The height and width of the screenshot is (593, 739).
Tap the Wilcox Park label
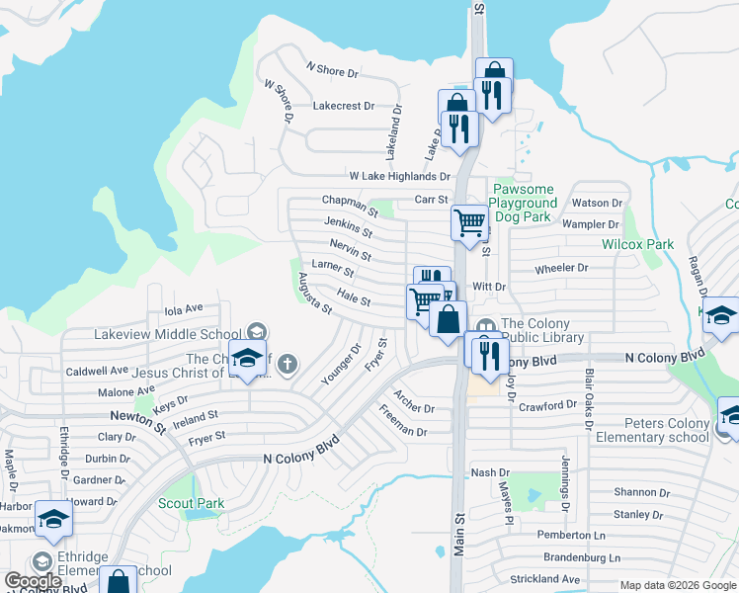pos(637,243)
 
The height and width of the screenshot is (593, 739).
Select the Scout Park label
pos(191,503)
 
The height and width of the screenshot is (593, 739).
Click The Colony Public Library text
pos(542,330)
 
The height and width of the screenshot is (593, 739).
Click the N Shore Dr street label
pos(332,70)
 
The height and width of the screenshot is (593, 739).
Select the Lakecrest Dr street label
pos(343,105)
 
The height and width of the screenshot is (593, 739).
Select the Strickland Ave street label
pos(544,578)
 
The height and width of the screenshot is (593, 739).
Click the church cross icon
pos(287,364)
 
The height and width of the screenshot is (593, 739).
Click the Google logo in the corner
pos(34,581)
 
